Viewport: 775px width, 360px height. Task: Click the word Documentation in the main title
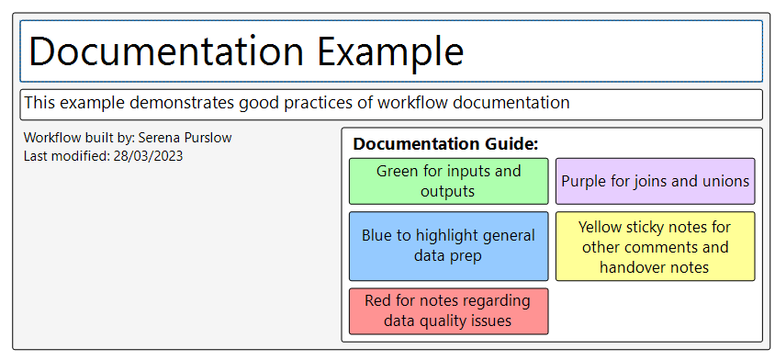point(166,51)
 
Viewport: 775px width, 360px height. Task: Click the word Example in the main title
point(390,51)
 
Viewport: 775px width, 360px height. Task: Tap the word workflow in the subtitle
point(412,102)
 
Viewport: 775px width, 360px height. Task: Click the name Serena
point(162,138)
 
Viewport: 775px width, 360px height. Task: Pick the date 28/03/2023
point(148,156)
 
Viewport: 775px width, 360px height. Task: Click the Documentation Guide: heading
point(445,144)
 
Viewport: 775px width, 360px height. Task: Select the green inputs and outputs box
point(448,181)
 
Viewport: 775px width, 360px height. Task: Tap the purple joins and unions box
point(655,181)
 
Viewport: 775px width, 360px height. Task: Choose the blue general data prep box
point(448,246)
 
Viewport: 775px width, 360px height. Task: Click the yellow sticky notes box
point(655,246)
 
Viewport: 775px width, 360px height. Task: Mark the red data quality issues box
point(448,311)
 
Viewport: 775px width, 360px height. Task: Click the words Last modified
point(65,156)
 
